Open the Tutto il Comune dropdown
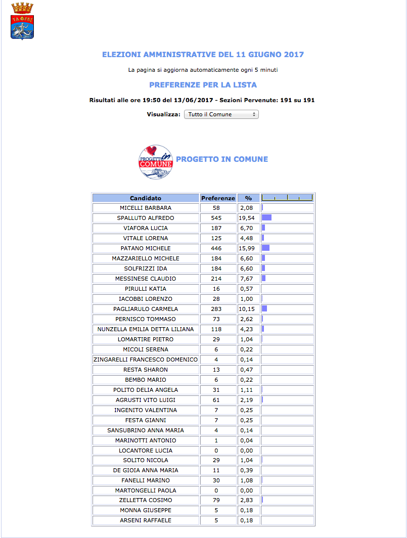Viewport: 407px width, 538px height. [221, 114]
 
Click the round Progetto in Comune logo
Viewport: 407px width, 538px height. [156, 162]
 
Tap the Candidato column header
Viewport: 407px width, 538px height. [146, 198]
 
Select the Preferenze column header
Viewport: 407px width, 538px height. [218, 198]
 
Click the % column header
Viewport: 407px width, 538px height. [248, 198]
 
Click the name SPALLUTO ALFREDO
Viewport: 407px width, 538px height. [146, 218]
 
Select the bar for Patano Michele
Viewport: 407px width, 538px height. [265, 248]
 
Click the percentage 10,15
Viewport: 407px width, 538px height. [248, 309]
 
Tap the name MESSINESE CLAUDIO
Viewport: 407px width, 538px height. [146, 279]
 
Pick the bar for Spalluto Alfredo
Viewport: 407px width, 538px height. [266, 218]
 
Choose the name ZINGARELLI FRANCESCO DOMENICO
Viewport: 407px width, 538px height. [146, 360]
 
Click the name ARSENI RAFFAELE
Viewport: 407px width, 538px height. [146, 520]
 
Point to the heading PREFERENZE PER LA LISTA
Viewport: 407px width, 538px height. [203, 85]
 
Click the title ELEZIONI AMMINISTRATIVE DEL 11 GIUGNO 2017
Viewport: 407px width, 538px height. [203, 55]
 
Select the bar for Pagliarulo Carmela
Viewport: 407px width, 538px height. [264, 309]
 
